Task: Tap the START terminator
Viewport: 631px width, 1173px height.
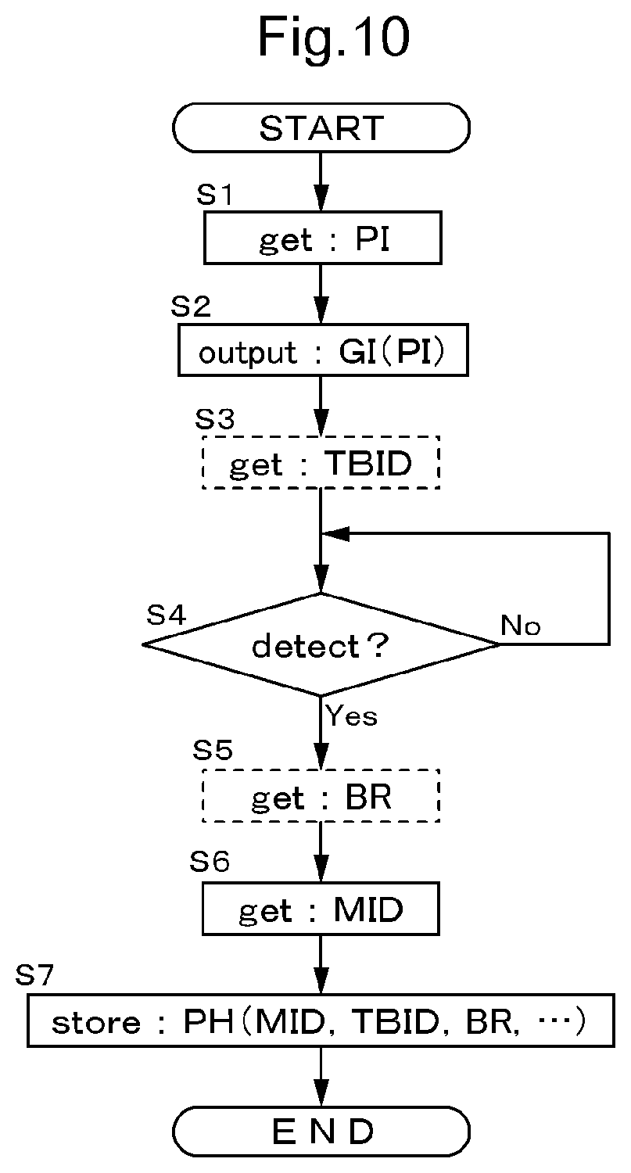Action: click(321, 127)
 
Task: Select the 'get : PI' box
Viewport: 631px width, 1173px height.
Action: click(323, 238)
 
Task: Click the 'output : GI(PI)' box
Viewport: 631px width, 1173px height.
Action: click(323, 350)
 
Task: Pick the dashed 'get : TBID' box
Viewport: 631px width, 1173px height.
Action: click(321, 462)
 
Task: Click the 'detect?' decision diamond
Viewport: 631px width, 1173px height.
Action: click(321, 644)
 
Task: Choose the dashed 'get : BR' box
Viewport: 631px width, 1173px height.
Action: click(321, 795)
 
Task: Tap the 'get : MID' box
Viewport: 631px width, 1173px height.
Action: click(321, 909)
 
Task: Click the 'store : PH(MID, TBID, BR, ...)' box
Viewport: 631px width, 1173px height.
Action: click(321, 1021)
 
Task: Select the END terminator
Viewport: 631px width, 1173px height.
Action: click(321, 1131)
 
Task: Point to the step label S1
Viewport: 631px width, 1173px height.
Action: click(214, 194)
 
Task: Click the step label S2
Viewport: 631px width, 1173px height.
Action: click(191, 306)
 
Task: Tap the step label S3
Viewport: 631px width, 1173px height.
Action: click(215, 418)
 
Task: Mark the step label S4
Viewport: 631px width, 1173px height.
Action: click(166, 614)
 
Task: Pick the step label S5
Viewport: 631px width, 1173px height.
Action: click(213, 749)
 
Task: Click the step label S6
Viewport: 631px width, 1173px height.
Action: click(210, 862)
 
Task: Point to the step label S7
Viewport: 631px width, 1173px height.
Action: click(34, 974)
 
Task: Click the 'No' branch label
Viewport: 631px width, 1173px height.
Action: click(521, 625)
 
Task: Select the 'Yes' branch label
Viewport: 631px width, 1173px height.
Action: click(351, 715)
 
